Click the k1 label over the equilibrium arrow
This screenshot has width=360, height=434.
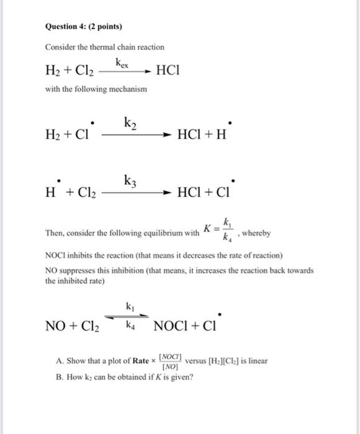pos(129,306)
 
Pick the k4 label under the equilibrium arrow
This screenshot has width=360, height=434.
pos(129,324)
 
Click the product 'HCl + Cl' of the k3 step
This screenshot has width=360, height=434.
pos(202,193)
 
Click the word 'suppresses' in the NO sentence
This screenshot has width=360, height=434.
pos(78,271)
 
